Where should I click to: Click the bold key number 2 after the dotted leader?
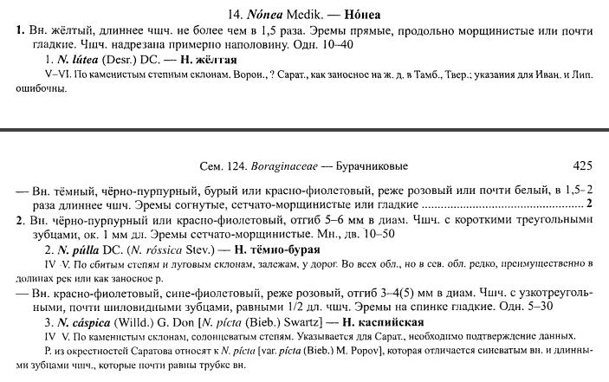tap(588, 204)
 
